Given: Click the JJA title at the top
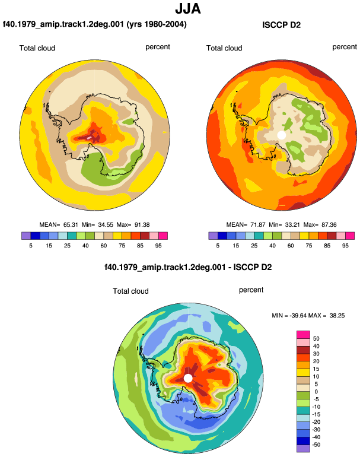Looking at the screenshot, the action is point(188,8).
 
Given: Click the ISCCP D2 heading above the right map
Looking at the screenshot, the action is point(281,25).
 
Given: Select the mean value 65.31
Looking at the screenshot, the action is point(71,225).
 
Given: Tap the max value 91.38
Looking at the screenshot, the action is point(142,225).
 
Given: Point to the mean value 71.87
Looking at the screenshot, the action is point(258,225).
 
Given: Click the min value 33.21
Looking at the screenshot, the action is point(293,225).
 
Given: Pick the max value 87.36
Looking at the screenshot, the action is point(329,225).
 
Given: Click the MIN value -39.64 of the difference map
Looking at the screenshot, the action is point(298,315).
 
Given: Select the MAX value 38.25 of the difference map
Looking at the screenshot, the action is point(337,315).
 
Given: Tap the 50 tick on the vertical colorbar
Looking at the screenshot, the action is point(316,339).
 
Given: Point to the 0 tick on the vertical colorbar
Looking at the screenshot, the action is point(316,392).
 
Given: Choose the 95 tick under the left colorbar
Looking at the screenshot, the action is point(158,246).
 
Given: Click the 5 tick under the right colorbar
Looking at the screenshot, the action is point(218,246).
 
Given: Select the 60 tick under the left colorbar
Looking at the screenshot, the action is point(103,246).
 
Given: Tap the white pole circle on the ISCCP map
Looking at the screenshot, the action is point(281,135).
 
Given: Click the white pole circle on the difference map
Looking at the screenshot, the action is point(188,378).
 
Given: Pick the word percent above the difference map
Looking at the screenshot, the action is point(251,290).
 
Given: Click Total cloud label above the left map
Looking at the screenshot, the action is point(37,48).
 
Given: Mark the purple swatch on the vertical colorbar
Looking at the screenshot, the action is point(303,449).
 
